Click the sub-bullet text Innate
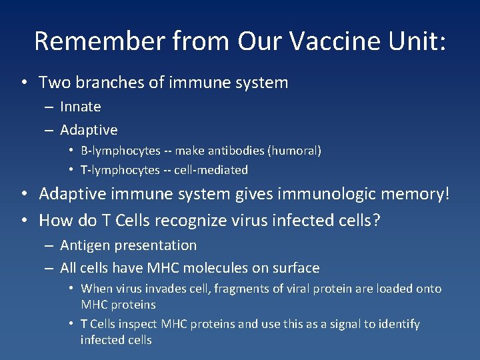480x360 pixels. tap(81, 107)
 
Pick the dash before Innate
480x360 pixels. tap(49, 107)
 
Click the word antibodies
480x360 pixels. tap(236, 151)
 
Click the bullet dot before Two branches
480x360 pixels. tap(23, 83)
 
